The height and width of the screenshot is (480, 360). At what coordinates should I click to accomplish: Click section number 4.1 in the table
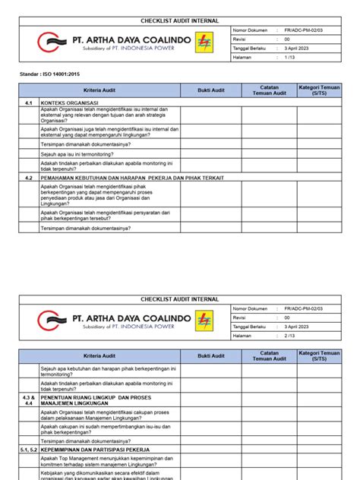[x=28, y=102]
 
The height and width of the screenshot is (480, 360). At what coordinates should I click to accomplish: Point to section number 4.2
[x=28, y=177]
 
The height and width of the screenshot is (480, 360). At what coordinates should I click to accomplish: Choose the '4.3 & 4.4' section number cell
[x=28, y=399]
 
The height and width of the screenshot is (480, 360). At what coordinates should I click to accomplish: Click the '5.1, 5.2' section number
[x=28, y=450]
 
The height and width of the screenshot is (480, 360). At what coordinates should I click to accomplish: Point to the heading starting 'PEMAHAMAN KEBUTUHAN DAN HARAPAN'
[x=114, y=177]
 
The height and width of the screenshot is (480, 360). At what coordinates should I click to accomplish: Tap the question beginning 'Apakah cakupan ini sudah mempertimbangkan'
[x=106, y=428]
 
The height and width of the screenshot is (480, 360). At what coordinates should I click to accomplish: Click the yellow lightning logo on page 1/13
[x=204, y=42]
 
